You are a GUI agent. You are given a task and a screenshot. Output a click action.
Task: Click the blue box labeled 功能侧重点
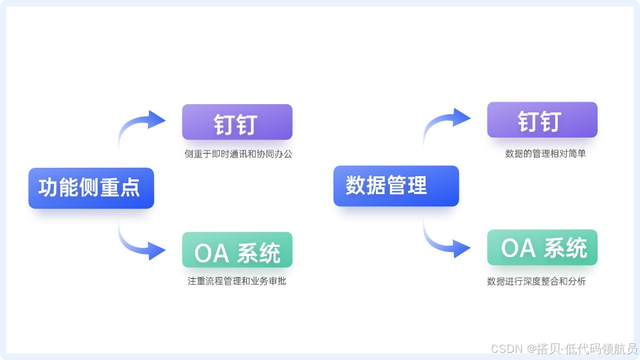tap(91, 188)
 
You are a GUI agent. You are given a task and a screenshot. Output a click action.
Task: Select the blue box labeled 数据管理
tap(396, 186)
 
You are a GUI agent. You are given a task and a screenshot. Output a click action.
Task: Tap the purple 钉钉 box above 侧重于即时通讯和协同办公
tap(237, 122)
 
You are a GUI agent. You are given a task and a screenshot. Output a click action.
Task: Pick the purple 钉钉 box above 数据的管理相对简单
tap(542, 120)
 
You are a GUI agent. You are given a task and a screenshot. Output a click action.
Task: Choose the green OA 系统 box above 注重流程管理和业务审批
tap(237, 250)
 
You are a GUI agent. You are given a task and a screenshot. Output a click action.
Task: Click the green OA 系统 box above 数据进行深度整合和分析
tap(542, 248)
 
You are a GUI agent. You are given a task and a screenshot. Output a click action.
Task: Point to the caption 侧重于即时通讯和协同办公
tap(238, 154)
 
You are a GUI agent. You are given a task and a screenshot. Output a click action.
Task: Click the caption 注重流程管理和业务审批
tap(236, 282)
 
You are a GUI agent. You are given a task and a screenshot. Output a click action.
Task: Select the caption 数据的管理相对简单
tap(545, 154)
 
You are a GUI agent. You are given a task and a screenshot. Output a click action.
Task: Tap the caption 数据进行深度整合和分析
tap(536, 282)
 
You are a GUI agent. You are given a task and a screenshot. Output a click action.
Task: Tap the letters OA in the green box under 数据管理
tap(519, 249)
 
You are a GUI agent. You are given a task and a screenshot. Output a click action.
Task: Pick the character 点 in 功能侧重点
tap(130, 188)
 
